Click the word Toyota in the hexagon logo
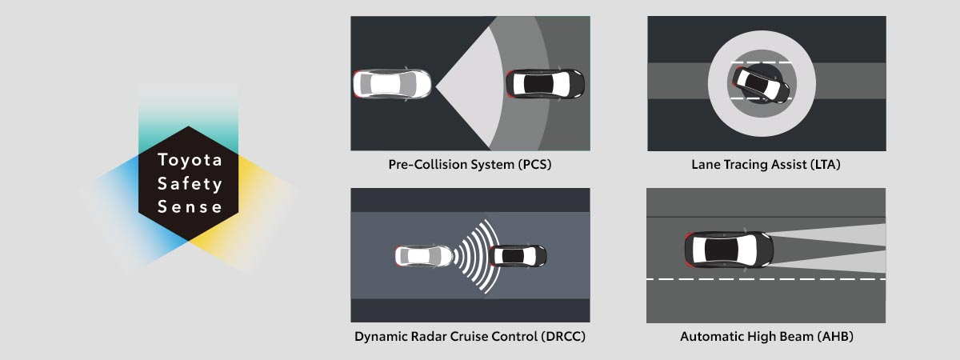click(190, 160)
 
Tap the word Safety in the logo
click(190, 184)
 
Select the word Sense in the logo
click(190, 207)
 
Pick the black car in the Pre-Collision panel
click(545, 83)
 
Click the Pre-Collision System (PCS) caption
click(470, 166)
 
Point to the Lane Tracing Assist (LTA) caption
click(766, 166)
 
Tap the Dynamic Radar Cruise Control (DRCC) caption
click(470, 337)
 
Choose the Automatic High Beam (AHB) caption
click(766, 337)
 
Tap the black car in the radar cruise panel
click(518, 256)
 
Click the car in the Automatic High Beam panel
click(729, 250)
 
